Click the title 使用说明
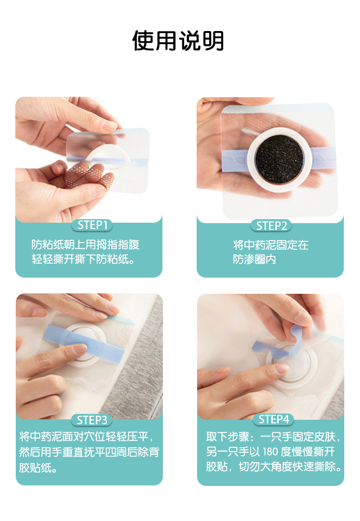coord(178,41)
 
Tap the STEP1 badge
coord(92,225)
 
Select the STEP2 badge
coord(271,225)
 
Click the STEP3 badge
coord(92,420)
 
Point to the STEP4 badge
coord(274,419)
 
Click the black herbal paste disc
coord(279,159)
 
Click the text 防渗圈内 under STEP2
coord(254,259)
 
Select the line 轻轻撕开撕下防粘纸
coord(83,259)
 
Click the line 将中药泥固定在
coord(270,245)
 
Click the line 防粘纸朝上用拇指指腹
coord(85,245)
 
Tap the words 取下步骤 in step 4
coord(227,436)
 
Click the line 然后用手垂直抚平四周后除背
coord(89,452)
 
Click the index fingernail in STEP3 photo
coord(80,349)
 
